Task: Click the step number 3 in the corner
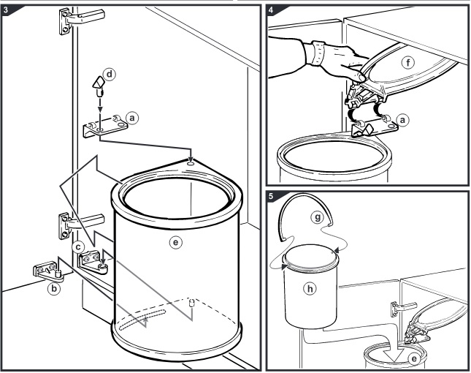click(x=7, y=10)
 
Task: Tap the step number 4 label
click(x=272, y=10)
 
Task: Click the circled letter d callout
click(x=110, y=75)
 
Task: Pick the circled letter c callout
click(x=77, y=247)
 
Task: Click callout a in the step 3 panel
click(x=131, y=116)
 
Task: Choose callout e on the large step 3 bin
click(x=174, y=239)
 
